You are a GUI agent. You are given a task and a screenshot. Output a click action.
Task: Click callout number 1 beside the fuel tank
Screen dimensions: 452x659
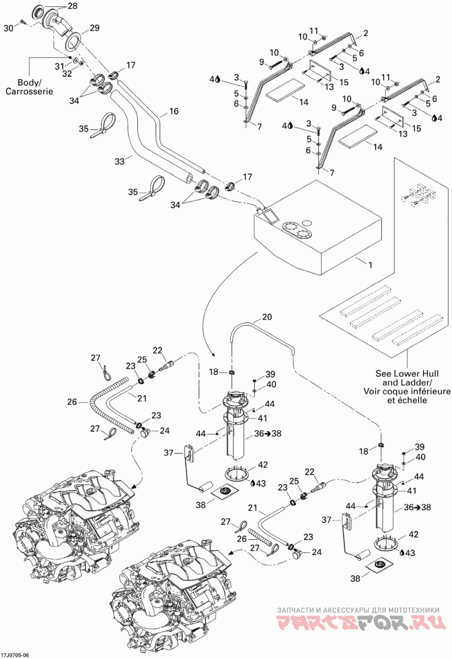click(370, 265)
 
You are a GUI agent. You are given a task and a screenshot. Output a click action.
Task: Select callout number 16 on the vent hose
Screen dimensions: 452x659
click(173, 111)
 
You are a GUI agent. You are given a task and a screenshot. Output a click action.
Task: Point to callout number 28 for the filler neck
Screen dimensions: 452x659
click(72, 6)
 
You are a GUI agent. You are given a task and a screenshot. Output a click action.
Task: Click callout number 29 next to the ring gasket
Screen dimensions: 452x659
click(94, 28)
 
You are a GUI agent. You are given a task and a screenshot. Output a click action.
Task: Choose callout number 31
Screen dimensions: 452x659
click(60, 66)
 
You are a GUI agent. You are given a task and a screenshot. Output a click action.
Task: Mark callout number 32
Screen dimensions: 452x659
click(67, 73)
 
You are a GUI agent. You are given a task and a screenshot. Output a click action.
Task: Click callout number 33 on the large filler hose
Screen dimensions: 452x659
click(120, 161)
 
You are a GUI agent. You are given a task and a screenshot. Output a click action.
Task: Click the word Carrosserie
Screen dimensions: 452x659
click(29, 91)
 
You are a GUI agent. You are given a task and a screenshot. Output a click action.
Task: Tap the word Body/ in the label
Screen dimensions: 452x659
click(29, 83)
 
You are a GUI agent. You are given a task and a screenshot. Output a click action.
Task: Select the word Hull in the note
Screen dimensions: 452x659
click(430, 374)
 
